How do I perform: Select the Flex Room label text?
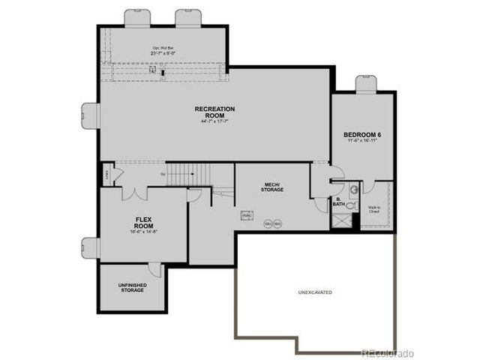tap(144, 223)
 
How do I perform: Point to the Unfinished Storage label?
tap(132, 288)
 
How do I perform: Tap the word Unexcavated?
tap(314, 292)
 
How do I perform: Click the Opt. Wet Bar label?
tap(162, 47)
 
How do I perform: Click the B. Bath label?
tap(338, 202)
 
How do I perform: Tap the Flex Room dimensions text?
tap(144, 232)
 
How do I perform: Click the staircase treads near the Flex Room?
tap(181, 175)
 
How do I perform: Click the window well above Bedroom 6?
tap(366, 83)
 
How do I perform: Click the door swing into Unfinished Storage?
tap(155, 269)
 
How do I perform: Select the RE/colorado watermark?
tap(387, 352)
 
